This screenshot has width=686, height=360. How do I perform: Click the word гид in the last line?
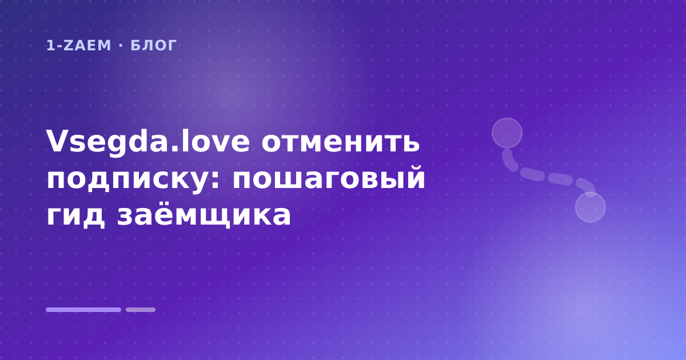pyautogui.click(x=75, y=216)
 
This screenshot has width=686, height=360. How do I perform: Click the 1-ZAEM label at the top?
pyautogui.click(x=78, y=46)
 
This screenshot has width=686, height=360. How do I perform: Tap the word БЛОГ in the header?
pyautogui.click(x=154, y=46)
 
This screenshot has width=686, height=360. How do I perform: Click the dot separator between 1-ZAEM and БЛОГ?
pyautogui.click(x=121, y=46)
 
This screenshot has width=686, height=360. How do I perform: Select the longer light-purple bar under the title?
pyautogui.click(x=83, y=310)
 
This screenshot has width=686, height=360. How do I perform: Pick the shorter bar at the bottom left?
pyautogui.click(x=141, y=310)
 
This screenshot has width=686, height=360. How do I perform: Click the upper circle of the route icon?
pyautogui.click(x=507, y=133)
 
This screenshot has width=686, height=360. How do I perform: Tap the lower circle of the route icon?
pyautogui.click(x=591, y=207)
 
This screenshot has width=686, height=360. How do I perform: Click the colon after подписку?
pyautogui.click(x=216, y=180)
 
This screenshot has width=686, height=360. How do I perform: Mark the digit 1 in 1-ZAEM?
pyautogui.click(x=51, y=46)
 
